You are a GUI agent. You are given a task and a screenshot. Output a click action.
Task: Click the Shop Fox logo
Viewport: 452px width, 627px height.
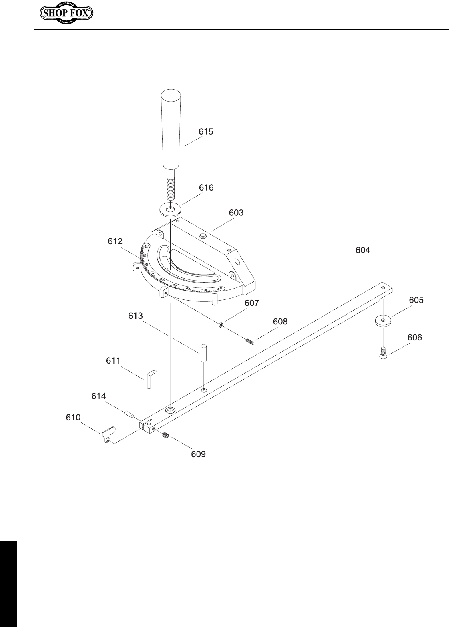pyautogui.click(x=66, y=14)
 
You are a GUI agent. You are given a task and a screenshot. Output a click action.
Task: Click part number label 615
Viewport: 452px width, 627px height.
pyautogui.click(x=206, y=132)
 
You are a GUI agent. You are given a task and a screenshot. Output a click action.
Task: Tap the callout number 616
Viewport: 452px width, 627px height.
pyautogui.click(x=206, y=187)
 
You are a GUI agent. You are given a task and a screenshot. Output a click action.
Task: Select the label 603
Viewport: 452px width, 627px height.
pyautogui.click(x=236, y=213)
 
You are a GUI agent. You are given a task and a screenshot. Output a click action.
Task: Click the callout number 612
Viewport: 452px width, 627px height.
pyautogui.click(x=115, y=241)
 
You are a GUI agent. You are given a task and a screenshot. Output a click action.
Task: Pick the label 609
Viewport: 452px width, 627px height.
pyautogui.click(x=198, y=454)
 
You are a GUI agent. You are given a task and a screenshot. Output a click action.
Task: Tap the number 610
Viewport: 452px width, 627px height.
pyautogui.click(x=73, y=417)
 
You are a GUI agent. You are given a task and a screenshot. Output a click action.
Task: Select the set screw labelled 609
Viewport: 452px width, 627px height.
pyautogui.click(x=165, y=435)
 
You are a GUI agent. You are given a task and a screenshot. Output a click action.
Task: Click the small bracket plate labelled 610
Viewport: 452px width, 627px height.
pyautogui.click(x=108, y=435)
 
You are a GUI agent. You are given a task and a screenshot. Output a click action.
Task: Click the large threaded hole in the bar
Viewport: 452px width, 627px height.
pyautogui.click(x=171, y=410)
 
